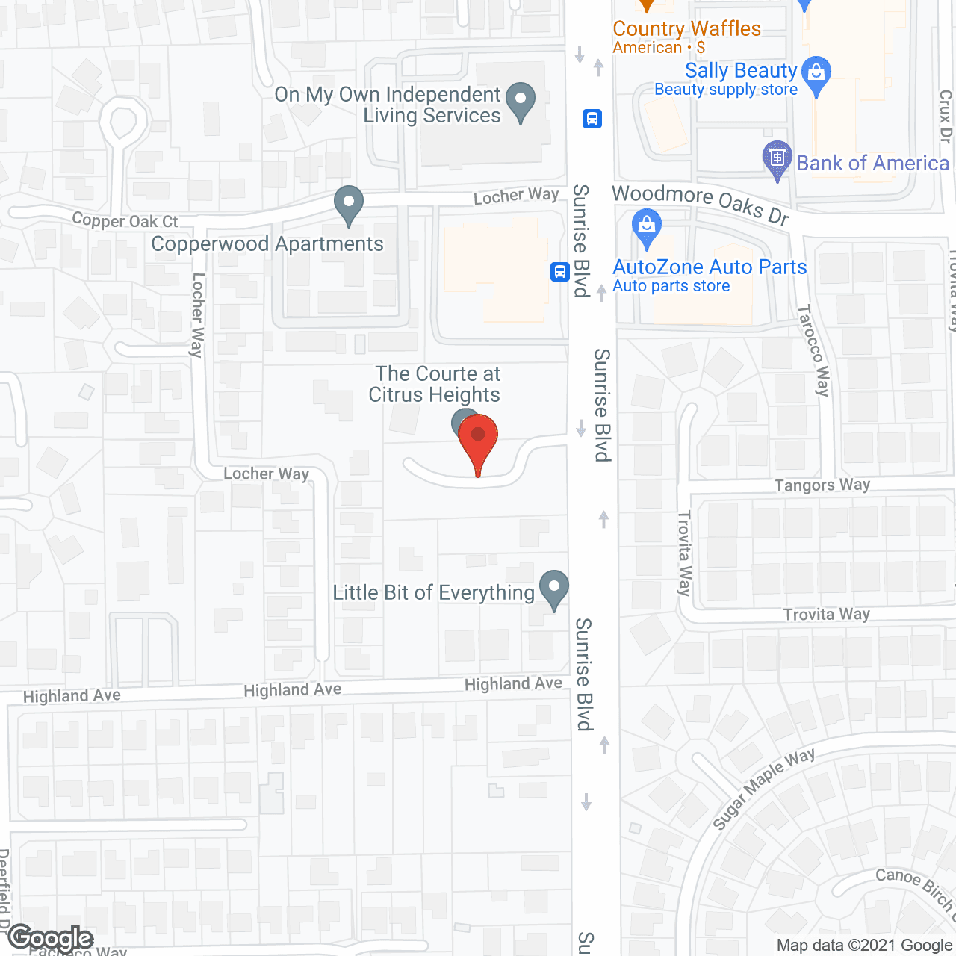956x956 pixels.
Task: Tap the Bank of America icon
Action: pyautogui.click(x=777, y=158)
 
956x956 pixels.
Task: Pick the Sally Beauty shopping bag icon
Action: pyautogui.click(x=816, y=74)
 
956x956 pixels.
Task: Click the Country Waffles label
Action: pyautogui.click(x=686, y=28)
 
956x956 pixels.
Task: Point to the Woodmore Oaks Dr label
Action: pyautogui.click(x=701, y=203)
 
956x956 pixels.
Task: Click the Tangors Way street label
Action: pyautogui.click(x=822, y=485)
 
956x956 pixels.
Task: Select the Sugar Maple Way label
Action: pyautogui.click(x=763, y=788)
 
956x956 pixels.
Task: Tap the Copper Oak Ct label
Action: pyautogui.click(x=125, y=221)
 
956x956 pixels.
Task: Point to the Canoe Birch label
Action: pyautogui.click(x=915, y=889)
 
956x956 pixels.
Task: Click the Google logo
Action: pyautogui.click(x=51, y=939)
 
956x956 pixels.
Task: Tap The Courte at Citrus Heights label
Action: pyautogui.click(x=436, y=384)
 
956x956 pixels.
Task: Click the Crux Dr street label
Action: pyautogui.click(x=946, y=116)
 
